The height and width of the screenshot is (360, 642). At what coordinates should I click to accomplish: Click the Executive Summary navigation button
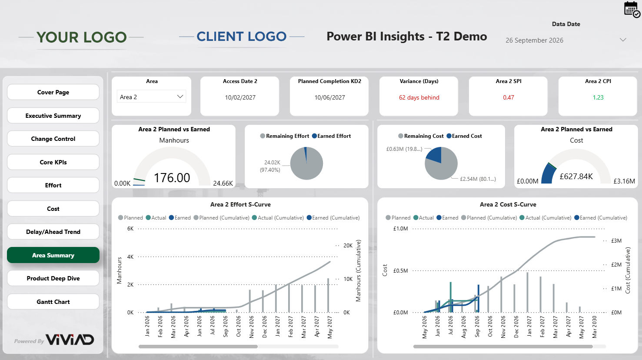53,116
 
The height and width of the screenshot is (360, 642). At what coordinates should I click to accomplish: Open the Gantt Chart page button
53,302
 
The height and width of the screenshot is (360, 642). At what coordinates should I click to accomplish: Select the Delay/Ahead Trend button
53,232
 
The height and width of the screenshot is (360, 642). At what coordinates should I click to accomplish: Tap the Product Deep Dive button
53,278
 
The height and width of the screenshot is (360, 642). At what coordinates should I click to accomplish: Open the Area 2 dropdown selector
151,97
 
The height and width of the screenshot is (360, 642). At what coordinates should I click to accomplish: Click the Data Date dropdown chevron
623,40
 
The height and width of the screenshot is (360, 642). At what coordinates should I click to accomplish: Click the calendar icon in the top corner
632,9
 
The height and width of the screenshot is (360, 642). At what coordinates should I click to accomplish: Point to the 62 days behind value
419,97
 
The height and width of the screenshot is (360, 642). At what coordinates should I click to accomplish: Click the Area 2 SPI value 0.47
509,97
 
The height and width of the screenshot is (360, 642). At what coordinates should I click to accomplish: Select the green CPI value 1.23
598,97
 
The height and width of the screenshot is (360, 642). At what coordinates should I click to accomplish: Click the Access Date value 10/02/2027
240,97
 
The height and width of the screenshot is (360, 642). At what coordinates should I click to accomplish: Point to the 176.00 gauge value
172,178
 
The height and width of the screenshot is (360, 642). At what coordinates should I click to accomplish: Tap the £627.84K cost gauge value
576,176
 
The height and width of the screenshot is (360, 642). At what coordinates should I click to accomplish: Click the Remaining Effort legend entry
285,136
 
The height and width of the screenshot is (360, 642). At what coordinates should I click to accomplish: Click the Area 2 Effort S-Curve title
240,204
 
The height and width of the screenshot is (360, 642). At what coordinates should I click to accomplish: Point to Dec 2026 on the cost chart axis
516,327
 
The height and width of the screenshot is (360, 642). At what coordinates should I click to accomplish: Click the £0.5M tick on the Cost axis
400,270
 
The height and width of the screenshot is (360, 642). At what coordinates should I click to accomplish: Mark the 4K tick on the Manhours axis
130,257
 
